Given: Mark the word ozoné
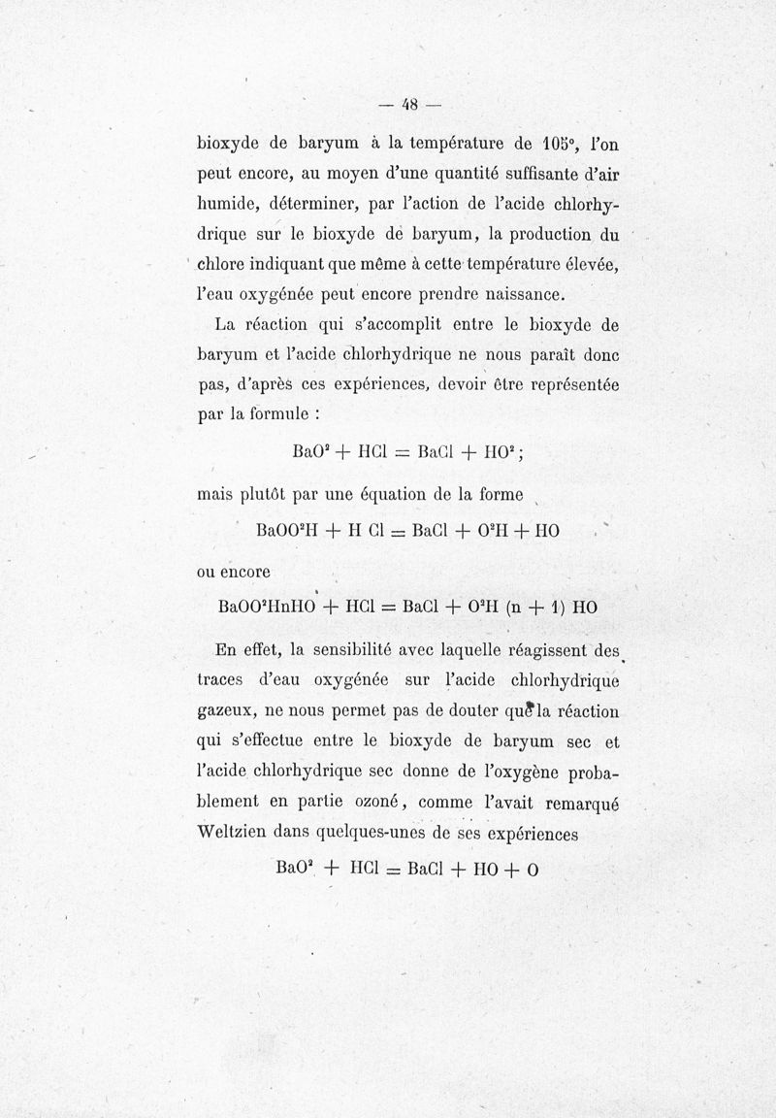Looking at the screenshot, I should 378,803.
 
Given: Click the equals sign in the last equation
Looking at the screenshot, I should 394,869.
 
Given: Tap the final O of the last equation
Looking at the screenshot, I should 533,869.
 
